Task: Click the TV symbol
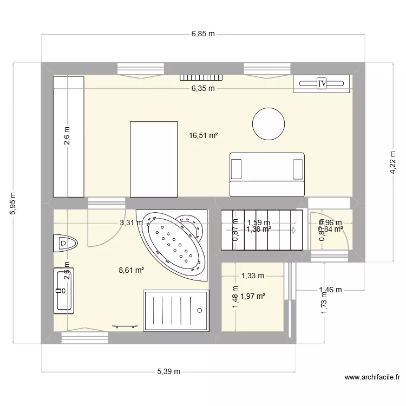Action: (322, 83)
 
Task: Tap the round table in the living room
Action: (269, 123)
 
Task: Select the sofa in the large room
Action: (267, 174)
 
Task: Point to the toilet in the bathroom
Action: (65, 243)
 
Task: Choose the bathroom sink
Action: (63, 290)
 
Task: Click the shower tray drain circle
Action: (200, 311)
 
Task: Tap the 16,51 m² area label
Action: (204, 136)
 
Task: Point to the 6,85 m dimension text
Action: (203, 34)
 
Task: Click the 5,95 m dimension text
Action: (12, 203)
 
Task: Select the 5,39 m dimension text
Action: (169, 371)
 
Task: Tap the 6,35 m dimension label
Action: (203, 88)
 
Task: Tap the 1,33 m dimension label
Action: (252, 276)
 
